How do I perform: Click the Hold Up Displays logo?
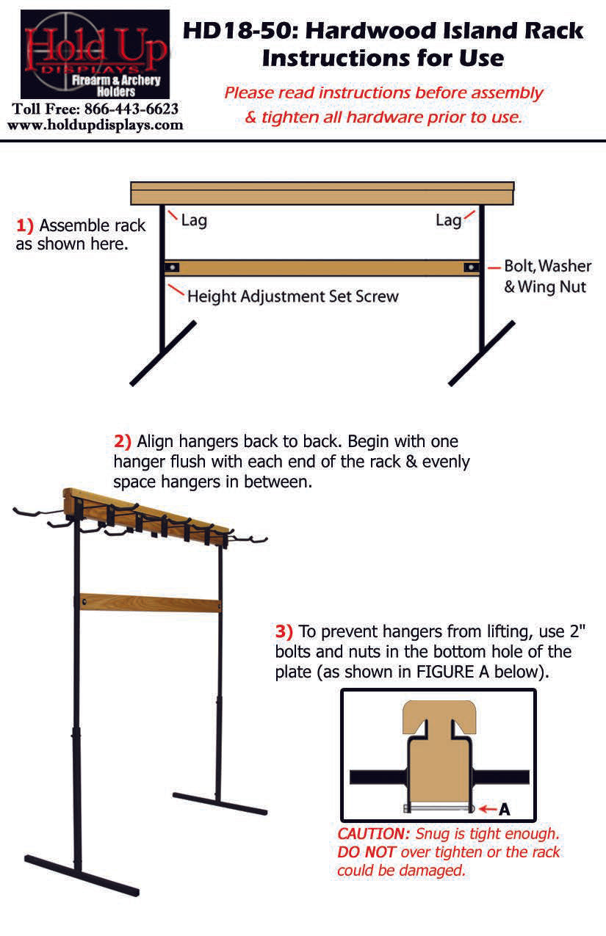[x=95, y=54]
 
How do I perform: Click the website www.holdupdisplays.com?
[x=95, y=125]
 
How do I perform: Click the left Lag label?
[x=194, y=220]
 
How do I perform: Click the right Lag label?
[x=448, y=220]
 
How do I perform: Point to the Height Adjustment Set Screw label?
[x=292, y=297]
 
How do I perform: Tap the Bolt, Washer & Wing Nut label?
[x=546, y=276]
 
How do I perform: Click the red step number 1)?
[x=24, y=225]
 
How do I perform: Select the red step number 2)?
[x=123, y=441]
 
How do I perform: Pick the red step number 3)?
[x=284, y=631]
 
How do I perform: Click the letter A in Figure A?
[x=505, y=810]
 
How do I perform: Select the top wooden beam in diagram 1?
[x=322, y=193]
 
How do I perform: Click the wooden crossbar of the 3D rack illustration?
[x=151, y=603]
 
